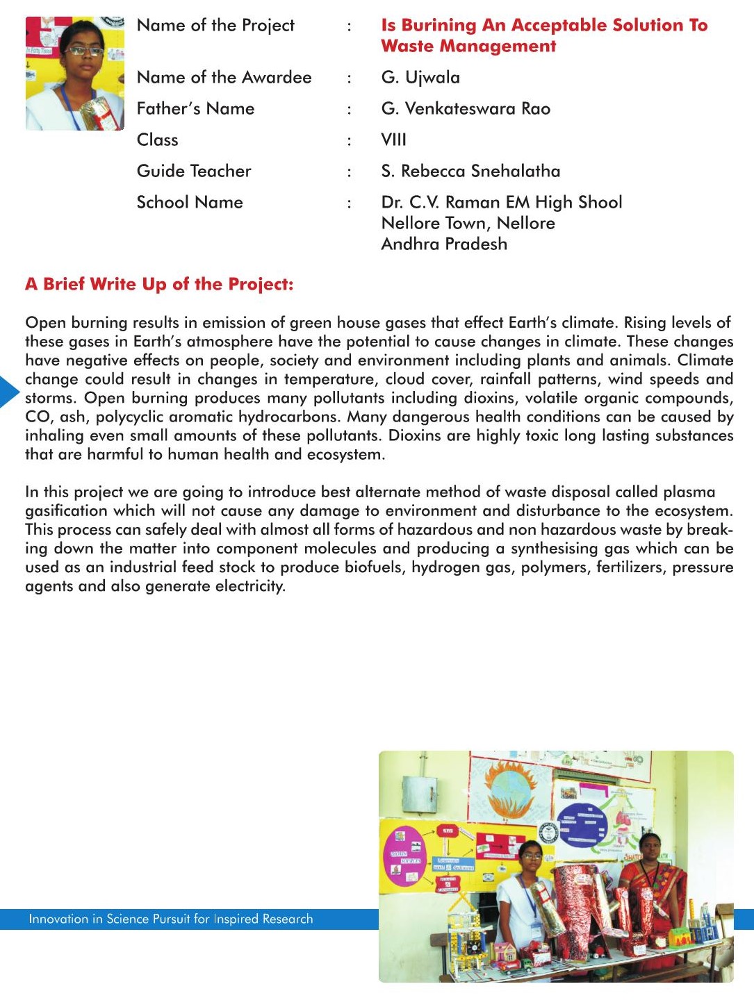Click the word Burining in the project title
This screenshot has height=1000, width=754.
coord(439,26)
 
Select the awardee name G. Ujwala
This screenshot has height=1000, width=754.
coord(420,77)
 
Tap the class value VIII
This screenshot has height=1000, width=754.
coord(393,140)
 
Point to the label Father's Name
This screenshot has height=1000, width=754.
coord(195,108)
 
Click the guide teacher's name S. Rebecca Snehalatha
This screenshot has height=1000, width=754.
coord(470,171)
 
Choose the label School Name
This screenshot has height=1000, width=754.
coord(190,202)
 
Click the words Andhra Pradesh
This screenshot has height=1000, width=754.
coord(444,244)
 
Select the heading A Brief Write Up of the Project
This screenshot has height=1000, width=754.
coord(159,284)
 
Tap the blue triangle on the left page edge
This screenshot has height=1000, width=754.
coord(8,391)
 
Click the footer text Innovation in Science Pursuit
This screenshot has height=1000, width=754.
coord(170,919)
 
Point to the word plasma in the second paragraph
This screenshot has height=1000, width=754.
coord(689,492)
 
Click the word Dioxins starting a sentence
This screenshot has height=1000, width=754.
coord(414,435)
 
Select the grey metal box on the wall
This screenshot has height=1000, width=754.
coord(420,793)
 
